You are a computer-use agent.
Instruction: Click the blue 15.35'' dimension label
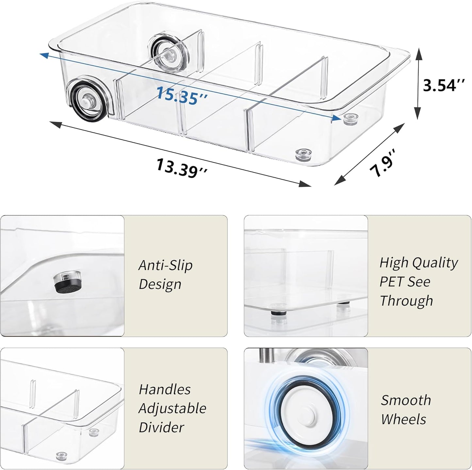point(181,96)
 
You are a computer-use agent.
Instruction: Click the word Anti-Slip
point(165,265)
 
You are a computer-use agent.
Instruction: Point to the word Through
point(406,301)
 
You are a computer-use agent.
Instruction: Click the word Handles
point(165,389)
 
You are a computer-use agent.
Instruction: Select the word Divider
point(161,427)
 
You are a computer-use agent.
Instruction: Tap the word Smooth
point(406,400)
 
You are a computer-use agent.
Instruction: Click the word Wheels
point(403,419)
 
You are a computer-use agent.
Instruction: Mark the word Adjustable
point(172,408)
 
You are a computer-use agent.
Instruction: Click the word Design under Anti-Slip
point(160,284)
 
